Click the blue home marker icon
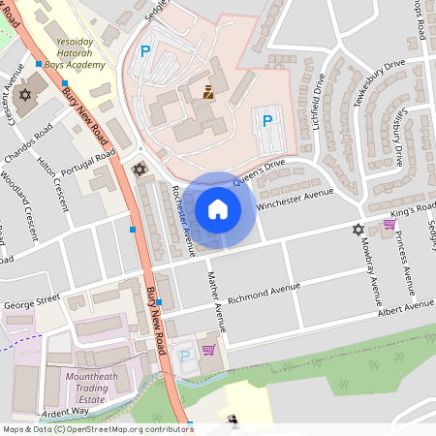point(218,208)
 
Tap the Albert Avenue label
point(406,306)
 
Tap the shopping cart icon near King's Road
point(389,224)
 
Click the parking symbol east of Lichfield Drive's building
point(266,121)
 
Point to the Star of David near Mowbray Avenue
point(359,230)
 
